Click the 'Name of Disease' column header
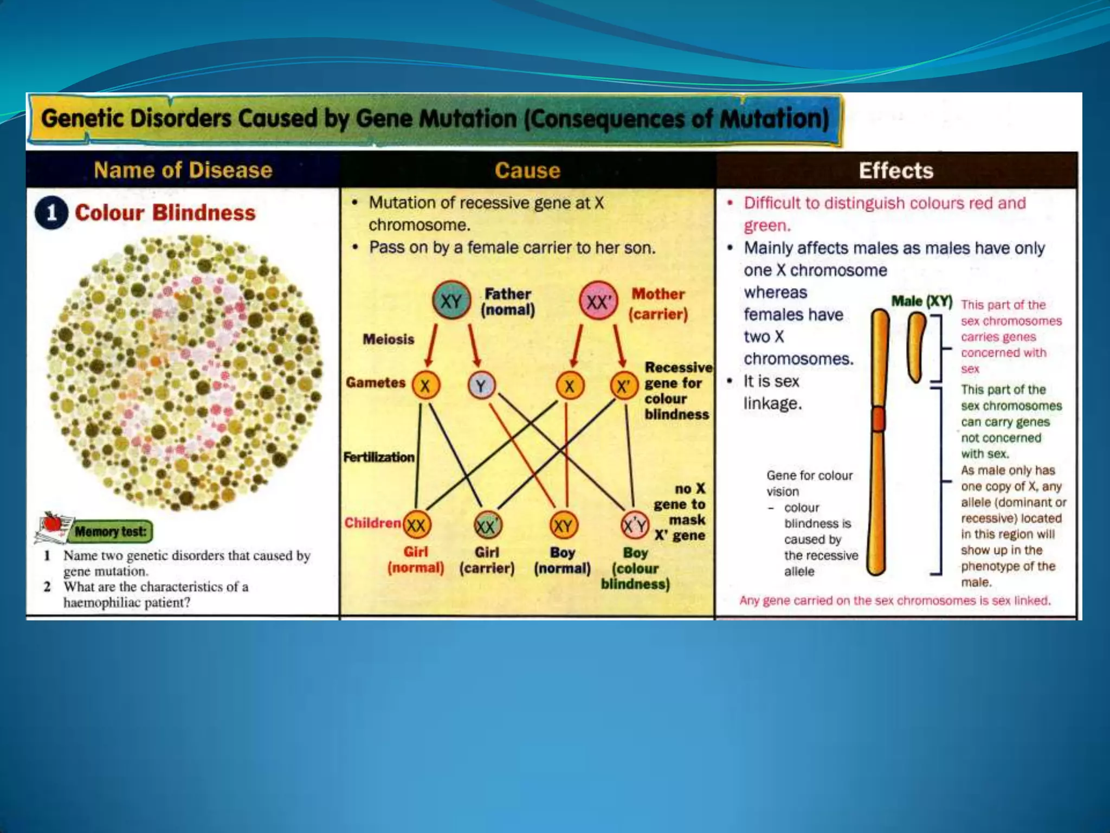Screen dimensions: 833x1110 (183, 170)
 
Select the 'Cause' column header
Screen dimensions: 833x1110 (527, 170)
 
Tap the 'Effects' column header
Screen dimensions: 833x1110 (896, 170)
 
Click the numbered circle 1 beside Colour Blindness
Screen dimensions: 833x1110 (51, 213)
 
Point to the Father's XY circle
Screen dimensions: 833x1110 (451, 300)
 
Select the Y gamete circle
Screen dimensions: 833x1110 (481, 386)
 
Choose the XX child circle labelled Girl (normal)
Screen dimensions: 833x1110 (416, 525)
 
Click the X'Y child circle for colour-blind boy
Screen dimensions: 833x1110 (634, 525)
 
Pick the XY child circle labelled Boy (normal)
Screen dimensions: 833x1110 (563, 525)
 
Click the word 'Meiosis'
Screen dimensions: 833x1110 (388, 339)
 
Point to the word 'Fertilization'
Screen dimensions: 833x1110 (379, 457)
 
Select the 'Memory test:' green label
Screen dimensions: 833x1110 (111, 531)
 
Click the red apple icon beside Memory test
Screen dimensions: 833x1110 (53, 522)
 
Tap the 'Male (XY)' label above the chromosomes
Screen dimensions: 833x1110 (922, 301)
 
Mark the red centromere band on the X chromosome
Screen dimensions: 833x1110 (879, 419)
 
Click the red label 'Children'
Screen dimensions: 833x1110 (372, 523)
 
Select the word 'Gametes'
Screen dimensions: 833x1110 (376, 383)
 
